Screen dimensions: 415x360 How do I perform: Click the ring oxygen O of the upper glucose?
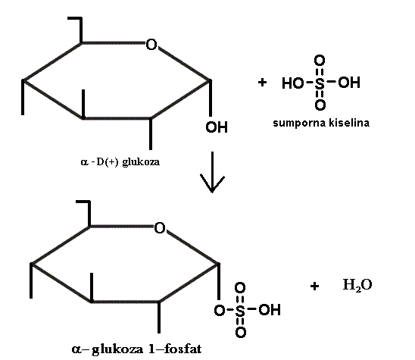pos(151,45)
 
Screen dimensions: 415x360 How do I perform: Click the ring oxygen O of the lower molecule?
pos(160,228)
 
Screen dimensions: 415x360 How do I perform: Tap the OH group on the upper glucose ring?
pos(217,127)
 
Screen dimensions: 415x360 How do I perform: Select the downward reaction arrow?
pos(212,172)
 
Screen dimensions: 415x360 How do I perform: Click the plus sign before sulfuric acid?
pos(262,83)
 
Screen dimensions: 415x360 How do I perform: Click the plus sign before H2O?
pos(314,286)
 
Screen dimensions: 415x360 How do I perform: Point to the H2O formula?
pos(357,285)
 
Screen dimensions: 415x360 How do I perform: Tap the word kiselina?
pos(349,123)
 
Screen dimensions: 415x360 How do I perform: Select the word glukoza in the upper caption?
pos(141,162)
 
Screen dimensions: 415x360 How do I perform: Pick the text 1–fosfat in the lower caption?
pos(175,349)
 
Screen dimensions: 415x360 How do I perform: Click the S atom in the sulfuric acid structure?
pos(320,83)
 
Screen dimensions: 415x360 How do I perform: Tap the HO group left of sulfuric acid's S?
pos(293,83)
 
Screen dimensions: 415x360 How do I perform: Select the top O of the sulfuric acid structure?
pos(320,61)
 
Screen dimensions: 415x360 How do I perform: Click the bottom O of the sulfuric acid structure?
pos(320,105)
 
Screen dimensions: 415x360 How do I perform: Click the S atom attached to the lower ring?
pos(240,311)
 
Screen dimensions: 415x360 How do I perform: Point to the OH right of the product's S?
pos(270,310)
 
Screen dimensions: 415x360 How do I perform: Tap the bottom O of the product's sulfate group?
pos(241,332)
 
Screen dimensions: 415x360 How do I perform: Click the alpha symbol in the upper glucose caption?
pos(84,162)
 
